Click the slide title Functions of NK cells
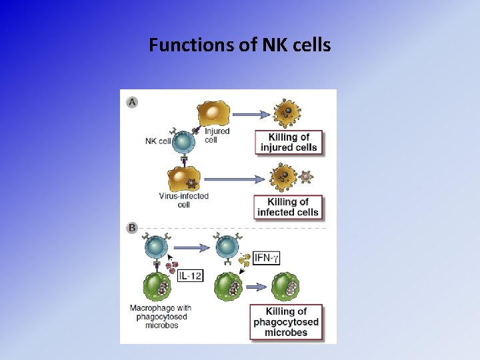[x=240, y=45]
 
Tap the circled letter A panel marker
[x=133, y=102]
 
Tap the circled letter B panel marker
[x=133, y=228]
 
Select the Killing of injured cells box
[x=289, y=143]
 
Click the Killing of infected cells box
[x=288, y=207]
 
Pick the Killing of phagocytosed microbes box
[x=286, y=321]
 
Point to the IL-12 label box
[x=191, y=275]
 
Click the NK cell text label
[x=158, y=141]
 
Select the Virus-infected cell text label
[x=183, y=200]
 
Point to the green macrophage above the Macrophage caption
[x=159, y=288]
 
